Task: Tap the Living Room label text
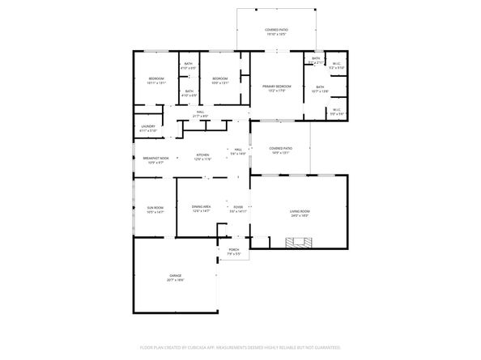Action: [300, 212]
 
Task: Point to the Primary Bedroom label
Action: [276, 87]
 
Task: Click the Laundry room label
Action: [147, 128]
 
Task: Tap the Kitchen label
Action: [202, 155]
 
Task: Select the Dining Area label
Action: [202, 207]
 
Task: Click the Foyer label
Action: [238, 207]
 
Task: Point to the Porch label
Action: [233, 250]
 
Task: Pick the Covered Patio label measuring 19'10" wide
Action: [276, 31]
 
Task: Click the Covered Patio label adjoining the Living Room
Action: [280, 150]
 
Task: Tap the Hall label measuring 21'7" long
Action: [200, 113]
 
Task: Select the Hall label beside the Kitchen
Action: [238, 150]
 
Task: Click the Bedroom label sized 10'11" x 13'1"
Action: [156, 78]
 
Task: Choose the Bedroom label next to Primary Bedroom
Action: [219, 78]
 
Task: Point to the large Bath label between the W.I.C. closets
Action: [320, 87]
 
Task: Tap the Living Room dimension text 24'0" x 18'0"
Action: [300, 217]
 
